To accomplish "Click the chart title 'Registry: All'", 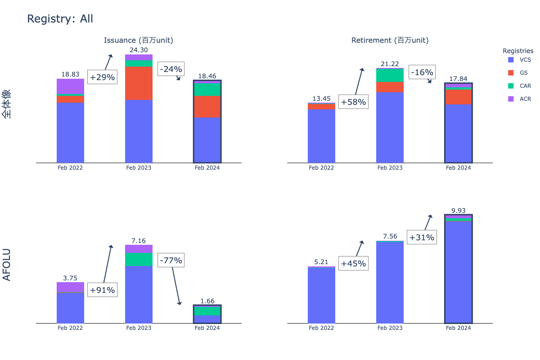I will click(x=60, y=19).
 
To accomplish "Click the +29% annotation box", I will click(x=102, y=77).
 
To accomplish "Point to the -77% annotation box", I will click(x=171, y=260).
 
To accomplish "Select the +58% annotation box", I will click(x=353, y=102).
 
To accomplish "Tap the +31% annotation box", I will click(x=422, y=237).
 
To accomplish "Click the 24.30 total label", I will click(x=139, y=50).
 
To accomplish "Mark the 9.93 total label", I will click(x=458, y=210).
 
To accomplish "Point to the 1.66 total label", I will click(x=207, y=301).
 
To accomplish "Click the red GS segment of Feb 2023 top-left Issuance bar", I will click(x=139, y=83).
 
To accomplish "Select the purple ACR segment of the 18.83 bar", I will click(x=70, y=86).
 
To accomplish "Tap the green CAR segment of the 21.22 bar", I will click(x=390, y=75).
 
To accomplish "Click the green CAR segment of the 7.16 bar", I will click(x=139, y=259).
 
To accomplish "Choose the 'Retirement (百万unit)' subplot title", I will click(x=390, y=40).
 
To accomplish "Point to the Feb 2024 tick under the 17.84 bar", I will click(x=458, y=168).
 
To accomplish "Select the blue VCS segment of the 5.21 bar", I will click(x=321, y=295).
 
